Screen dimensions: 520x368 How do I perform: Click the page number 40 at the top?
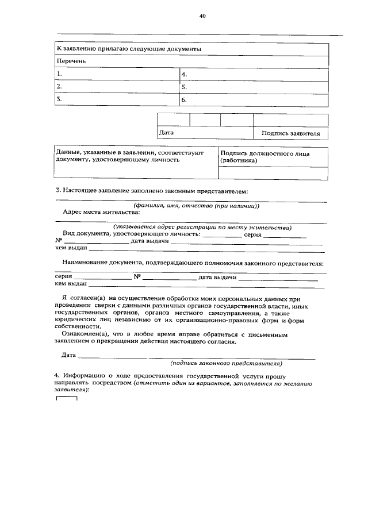click(202, 16)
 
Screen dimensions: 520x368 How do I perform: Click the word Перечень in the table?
click(71, 61)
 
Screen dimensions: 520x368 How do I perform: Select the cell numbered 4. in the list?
click(254, 75)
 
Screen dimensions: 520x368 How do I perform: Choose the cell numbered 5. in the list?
click(254, 87)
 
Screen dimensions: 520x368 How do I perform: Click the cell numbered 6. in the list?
click(254, 100)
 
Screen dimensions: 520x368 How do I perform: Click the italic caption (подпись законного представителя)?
click(225, 364)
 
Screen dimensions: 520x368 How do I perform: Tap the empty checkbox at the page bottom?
click(66, 398)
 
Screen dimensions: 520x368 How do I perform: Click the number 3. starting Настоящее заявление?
click(58, 190)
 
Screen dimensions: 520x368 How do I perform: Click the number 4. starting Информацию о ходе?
click(57, 375)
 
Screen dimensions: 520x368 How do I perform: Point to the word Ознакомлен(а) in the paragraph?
click(85, 334)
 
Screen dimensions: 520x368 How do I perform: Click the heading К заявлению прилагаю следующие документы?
click(128, 49)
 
